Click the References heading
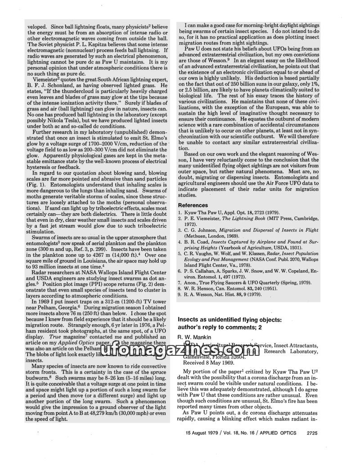coord(196,205)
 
